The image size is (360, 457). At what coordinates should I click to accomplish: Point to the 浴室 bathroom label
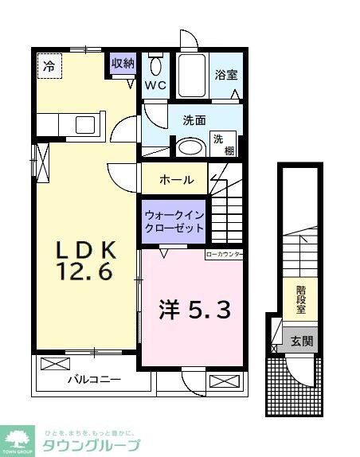click(x=227, y=76)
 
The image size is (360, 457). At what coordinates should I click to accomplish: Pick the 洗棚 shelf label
click(x=218, y=143)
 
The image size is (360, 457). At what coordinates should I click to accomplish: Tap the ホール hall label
click(x=176, y=179)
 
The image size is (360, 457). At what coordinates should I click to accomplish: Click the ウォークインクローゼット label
click(x=174, y=221)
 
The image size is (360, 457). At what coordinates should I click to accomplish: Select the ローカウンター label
click(x=224, y=254)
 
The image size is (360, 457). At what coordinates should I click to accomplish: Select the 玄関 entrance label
click(x=301, y=342)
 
